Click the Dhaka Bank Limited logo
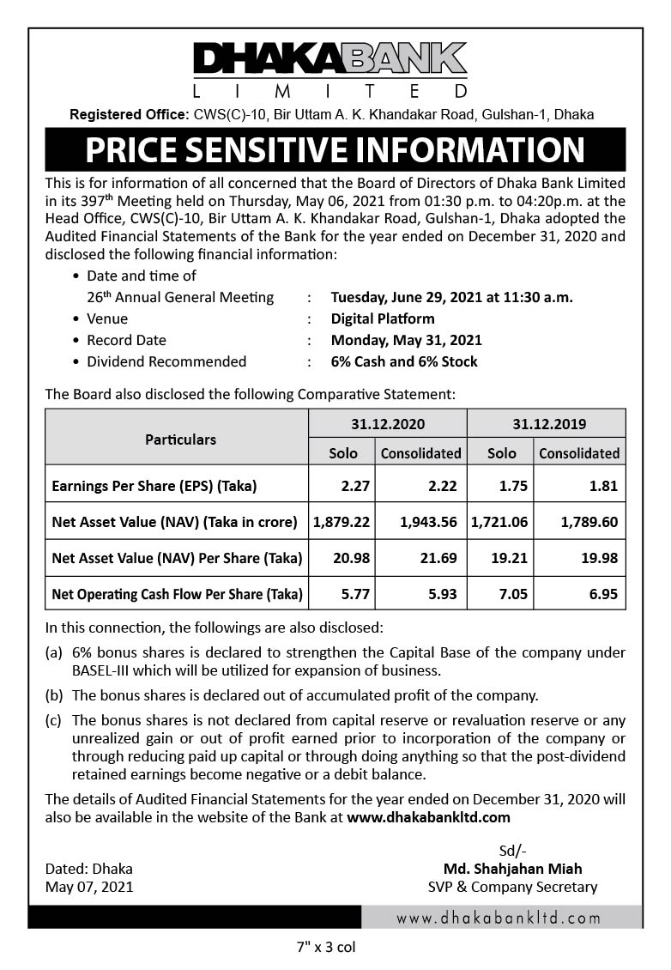coord(330,70)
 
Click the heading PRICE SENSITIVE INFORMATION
coord(335,150)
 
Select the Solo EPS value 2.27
coord(354,486)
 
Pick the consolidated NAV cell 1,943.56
coord(421,522)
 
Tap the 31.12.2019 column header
coord(546,424)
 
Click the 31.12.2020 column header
coord(387,424)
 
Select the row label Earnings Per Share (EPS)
coord(154,486)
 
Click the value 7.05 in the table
coord(501,594)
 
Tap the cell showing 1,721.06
coord(501,522)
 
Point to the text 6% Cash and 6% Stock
coord(404,361)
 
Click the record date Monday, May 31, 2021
coord(406,340)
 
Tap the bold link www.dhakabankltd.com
coord(428,817)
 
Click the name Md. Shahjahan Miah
coord(512,869)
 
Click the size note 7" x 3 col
coord(325,948)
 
